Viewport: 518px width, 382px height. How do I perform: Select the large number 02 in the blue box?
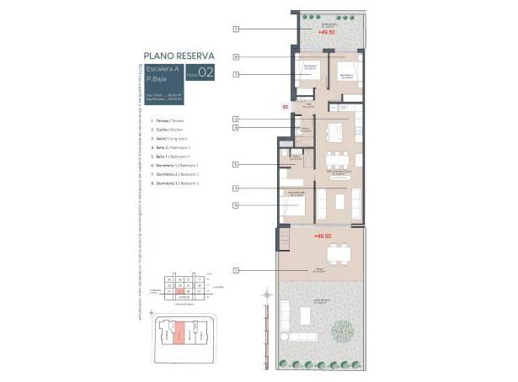pyautogui.click(x=207, y=73)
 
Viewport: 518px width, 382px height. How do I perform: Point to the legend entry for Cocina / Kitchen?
pyautogui.click(x=163, y=129)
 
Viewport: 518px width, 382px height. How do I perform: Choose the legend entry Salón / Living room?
pyautogui.click(x=166, y=136)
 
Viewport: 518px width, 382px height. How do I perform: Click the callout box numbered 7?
pyautogui.click(x=237, y=74)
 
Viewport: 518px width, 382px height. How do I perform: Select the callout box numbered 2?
pyautogui.click(x=237, y=119)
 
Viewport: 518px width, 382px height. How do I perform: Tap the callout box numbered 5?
pyautogui.click(x=237, y=165)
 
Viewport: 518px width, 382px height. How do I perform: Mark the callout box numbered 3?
pyautogui.click(x=237, y=188)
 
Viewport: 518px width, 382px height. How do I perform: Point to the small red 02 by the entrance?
pyautogui.click(x=285, y=107)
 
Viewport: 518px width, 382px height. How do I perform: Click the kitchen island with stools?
pyautogui.click(x=336, y=133)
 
